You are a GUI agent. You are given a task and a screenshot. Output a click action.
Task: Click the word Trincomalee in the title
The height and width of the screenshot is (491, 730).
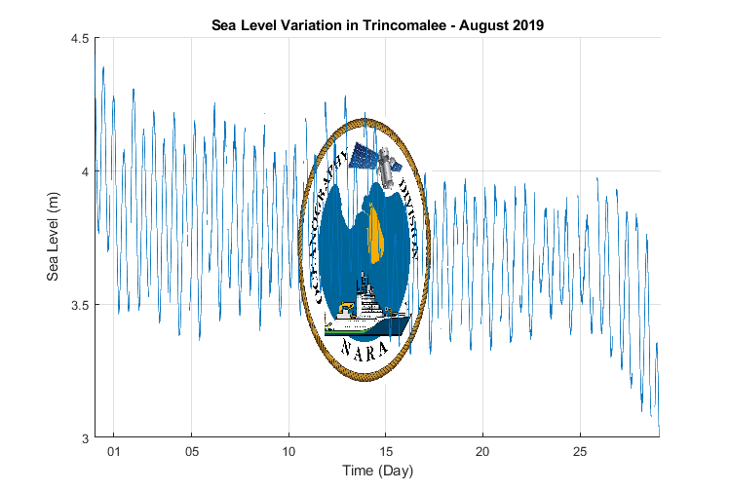399,25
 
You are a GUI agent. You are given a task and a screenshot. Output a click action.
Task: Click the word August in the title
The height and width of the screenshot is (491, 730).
474,25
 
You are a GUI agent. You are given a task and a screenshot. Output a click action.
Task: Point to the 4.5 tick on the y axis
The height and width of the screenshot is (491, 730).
78,38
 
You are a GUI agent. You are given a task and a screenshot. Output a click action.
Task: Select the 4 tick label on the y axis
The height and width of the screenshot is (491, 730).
83,171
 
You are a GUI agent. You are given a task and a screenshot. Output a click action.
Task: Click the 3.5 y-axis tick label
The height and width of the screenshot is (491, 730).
78,305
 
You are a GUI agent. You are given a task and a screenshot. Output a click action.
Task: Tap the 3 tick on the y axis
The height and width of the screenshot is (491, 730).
83,437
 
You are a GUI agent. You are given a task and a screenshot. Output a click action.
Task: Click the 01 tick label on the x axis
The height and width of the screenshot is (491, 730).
114,451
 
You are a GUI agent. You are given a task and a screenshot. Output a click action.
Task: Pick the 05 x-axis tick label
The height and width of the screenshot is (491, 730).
192,451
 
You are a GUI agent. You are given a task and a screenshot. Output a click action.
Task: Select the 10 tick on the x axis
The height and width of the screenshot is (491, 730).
288,451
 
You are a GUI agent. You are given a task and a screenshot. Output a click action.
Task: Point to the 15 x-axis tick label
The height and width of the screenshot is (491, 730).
386,451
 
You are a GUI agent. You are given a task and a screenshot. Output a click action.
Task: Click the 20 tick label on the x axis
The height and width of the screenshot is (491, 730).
482,451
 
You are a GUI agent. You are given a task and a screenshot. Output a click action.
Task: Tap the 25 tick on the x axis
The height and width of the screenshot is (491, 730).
580,451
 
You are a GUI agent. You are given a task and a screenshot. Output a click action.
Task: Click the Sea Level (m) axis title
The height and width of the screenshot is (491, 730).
55,238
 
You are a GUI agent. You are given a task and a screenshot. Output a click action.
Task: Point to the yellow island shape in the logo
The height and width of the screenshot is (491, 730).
376,234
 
